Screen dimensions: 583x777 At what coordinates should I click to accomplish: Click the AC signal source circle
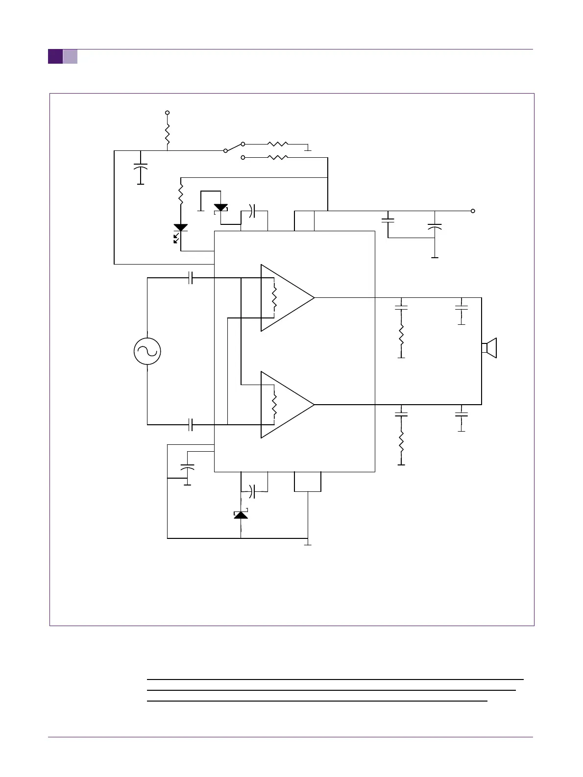click(147, 351)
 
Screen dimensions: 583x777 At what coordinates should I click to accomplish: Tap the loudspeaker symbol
click(489, 348)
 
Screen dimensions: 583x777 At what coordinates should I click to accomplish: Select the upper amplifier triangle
click(287, 298)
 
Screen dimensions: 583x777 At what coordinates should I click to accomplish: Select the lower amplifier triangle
click(287, 405)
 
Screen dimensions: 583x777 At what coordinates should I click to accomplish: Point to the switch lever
click(234, 147)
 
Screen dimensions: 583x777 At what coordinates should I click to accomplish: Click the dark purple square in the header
click(55, 57)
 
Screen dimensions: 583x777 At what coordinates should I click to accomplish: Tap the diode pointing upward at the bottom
click(241, 514)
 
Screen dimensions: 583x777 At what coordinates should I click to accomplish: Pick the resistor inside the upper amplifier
click(274, 297)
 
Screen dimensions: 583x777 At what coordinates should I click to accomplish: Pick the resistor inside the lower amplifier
click(274, 404)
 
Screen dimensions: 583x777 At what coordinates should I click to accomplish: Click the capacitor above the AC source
click(191, 278)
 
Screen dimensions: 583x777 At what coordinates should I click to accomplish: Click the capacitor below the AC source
click(191, 425)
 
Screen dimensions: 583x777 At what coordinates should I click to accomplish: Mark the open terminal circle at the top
click(168, 113)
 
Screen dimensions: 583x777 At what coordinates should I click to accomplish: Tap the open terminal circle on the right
click(473, 211)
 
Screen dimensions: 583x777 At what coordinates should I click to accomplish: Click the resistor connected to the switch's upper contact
click(278, 145)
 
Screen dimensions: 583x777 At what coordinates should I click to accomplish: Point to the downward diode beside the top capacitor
click(221, 208)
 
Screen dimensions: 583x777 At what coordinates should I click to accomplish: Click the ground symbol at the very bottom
click(308, 543)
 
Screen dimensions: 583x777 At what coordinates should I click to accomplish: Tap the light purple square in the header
click(70, 57)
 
